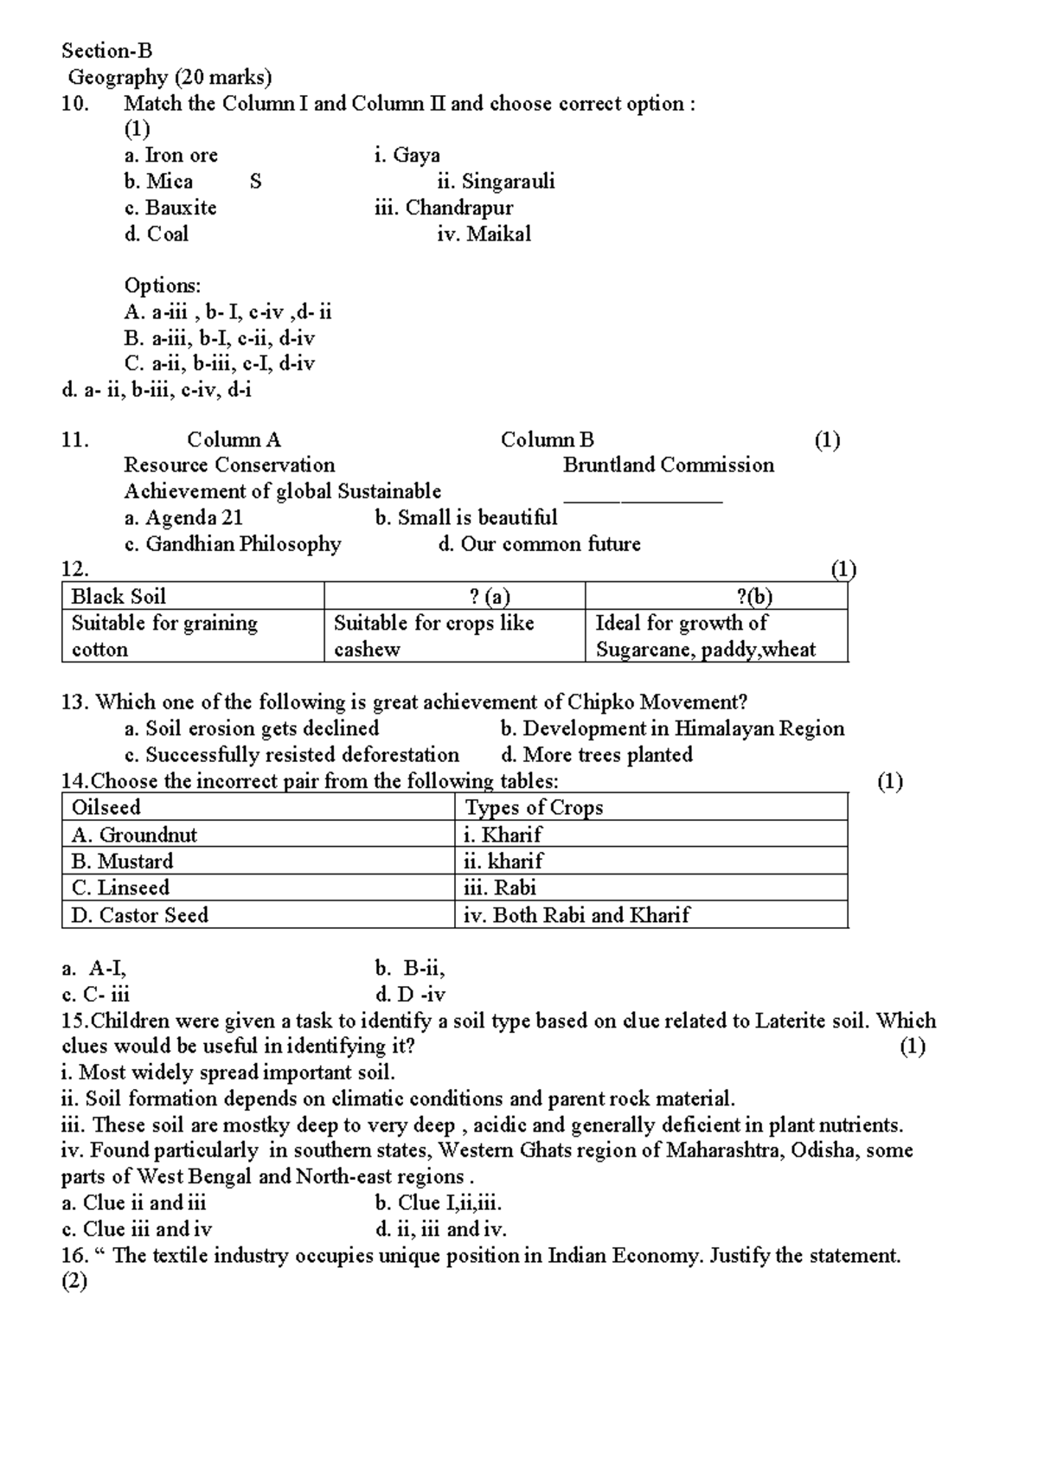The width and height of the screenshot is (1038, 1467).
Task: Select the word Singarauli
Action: [508, 182]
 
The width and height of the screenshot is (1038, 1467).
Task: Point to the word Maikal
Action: [498, 234]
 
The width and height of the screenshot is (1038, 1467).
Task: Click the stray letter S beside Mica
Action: [255, 182]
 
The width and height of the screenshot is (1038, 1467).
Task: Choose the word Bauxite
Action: [181, 208]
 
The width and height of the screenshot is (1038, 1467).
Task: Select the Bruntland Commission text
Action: [669, 465]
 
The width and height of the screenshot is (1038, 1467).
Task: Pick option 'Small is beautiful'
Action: [466, 518]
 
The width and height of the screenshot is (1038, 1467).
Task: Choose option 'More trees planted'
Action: [597, 755]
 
